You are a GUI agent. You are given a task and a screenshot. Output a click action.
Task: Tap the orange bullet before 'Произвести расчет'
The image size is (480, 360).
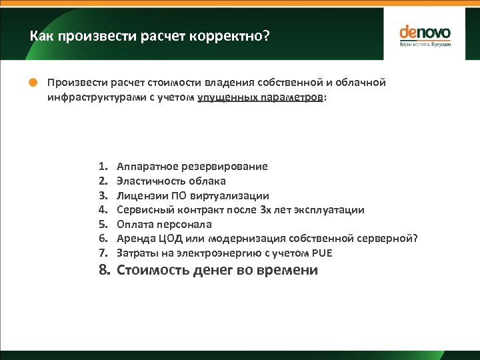pos(33,83)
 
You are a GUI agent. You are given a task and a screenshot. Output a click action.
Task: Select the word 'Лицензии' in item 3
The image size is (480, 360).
pos(138,195)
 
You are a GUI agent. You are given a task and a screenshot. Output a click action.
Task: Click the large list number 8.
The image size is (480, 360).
pos(103,270)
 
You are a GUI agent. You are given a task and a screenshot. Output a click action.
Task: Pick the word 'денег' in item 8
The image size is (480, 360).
pos(212,270)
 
